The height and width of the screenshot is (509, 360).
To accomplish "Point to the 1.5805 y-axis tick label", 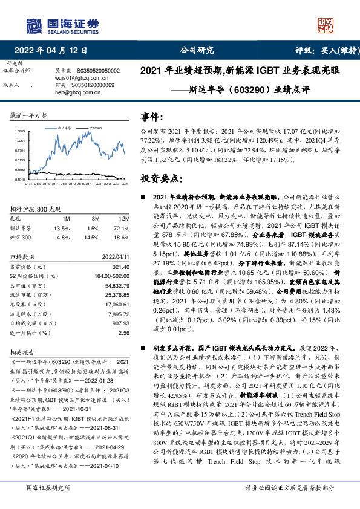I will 20,131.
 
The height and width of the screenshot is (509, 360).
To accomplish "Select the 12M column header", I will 123,218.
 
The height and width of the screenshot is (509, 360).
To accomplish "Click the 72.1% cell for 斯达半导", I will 122,228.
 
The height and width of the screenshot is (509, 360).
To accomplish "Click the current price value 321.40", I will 121,267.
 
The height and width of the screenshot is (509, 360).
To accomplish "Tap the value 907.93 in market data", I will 120,322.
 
